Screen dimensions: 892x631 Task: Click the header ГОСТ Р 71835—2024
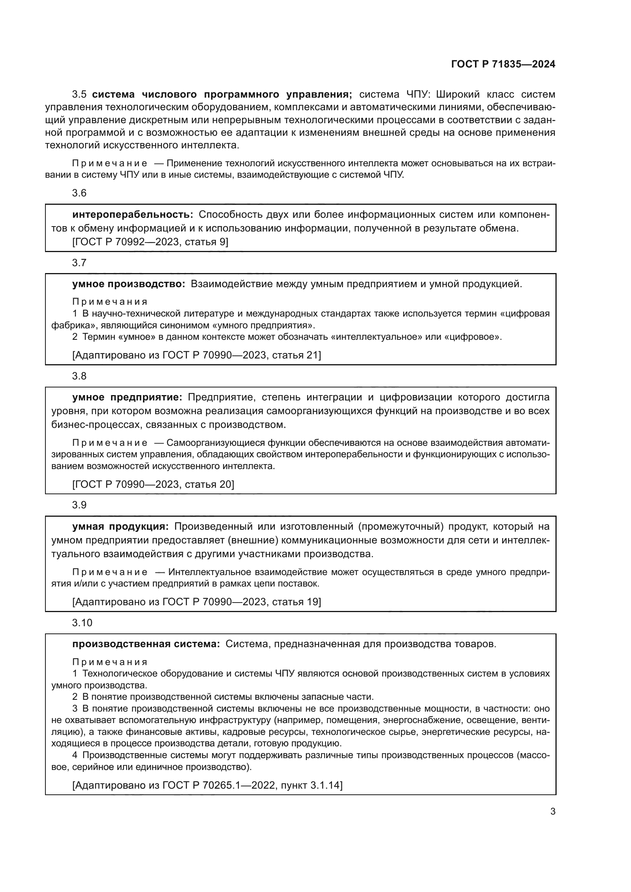(503, 64)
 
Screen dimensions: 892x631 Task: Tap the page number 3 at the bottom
(552, 812)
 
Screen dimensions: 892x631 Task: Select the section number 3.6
(79, 193)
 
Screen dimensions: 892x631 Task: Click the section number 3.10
(82, 623)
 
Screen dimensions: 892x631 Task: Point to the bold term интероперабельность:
(132, 214)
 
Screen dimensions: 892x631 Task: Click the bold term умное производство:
(129, 284)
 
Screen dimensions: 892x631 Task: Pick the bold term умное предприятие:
(127, 397)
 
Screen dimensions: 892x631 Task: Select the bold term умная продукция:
(121, 526)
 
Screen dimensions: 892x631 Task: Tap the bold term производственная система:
(146, 644)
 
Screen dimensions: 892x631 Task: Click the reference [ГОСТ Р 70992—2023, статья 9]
(150, 242)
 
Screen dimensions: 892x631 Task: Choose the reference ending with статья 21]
(196, 355)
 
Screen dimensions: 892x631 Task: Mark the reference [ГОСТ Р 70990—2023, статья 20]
(153, 484)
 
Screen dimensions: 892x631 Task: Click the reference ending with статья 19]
(196, 602)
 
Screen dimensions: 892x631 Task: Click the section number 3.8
(79, 376)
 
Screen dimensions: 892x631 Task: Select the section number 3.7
(79, 263)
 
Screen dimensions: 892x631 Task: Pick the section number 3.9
(79, 505)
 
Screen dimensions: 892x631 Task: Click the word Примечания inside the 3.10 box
(110, 662)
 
